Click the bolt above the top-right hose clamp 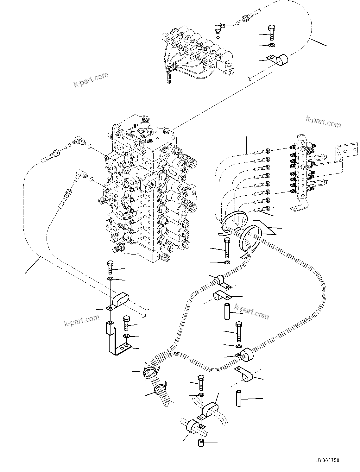pyautogui.click(x=271, y=32)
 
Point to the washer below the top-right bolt pyautogui.click(x=272, y=45)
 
